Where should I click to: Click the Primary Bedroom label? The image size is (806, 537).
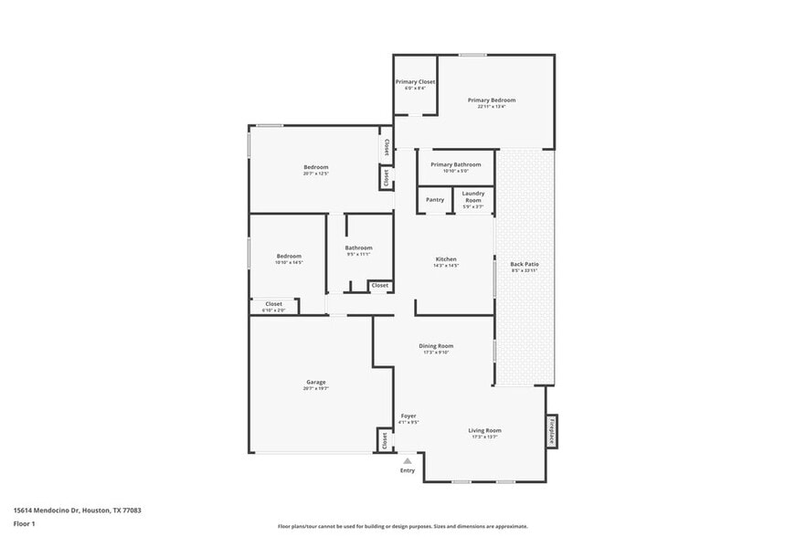(x=492, y=100)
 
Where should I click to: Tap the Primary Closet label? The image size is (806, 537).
(x=415, y=82)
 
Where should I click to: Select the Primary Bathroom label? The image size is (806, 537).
(x=455, y=164)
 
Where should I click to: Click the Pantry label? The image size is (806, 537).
(x=435, y=199)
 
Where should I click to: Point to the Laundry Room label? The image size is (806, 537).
(x=472, y=196)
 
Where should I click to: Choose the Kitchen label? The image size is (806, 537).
(x=445, y=259)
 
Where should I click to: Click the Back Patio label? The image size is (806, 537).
(x=524, y=265)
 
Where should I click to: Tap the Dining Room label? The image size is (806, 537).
(x=436, y=346)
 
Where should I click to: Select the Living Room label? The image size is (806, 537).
(x=484, y=431)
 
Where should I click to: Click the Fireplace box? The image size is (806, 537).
(x=551, y=431)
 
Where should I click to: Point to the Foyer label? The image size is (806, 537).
(x=408, y=416)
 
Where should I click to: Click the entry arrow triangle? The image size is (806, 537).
(x=408, y=461)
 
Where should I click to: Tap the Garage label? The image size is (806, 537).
(x=315, y=382)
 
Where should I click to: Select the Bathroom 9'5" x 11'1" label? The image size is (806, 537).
(x=358, y=248)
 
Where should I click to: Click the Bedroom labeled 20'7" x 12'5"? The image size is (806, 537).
(x=315, y=167)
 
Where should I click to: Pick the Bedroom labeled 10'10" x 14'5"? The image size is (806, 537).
(x=289, y=257)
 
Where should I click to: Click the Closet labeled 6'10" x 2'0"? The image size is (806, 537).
(x=273, y=304)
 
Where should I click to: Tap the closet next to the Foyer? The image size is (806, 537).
(x=384, y=440)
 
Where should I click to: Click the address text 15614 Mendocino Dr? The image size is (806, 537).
(x=77, y=511)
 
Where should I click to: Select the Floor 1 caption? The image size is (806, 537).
(x=26, y=523)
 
